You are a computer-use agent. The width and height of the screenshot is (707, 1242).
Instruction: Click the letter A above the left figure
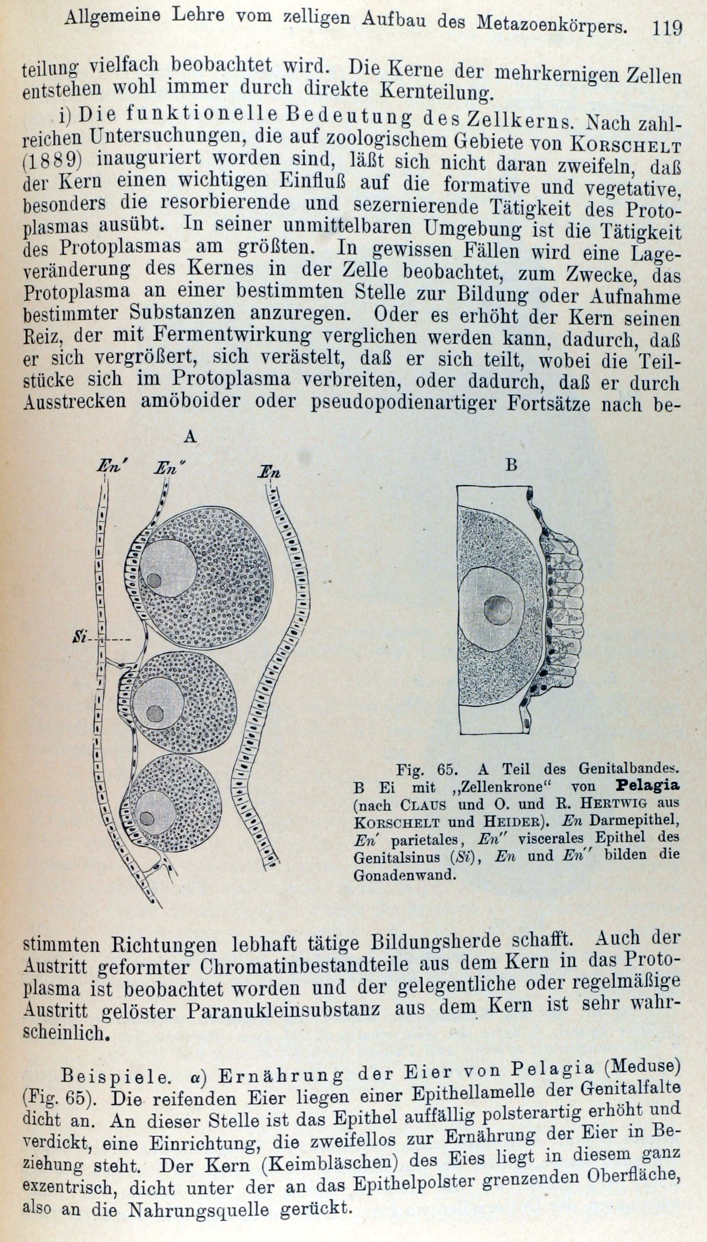(x=190, y=437)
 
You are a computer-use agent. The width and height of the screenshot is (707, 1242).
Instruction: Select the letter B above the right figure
(x=511, y=465)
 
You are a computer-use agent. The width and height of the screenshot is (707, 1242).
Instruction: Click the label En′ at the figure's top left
(x=111, y=467)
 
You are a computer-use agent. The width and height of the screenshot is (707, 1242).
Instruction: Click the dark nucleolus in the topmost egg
(x=154, y=580)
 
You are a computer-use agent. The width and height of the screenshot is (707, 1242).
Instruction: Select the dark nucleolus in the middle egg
(x=155, y=713)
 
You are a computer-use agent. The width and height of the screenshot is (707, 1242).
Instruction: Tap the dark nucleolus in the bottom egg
(x=147, y=819)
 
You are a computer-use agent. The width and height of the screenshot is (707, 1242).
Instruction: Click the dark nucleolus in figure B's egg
(x=498, y=610)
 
